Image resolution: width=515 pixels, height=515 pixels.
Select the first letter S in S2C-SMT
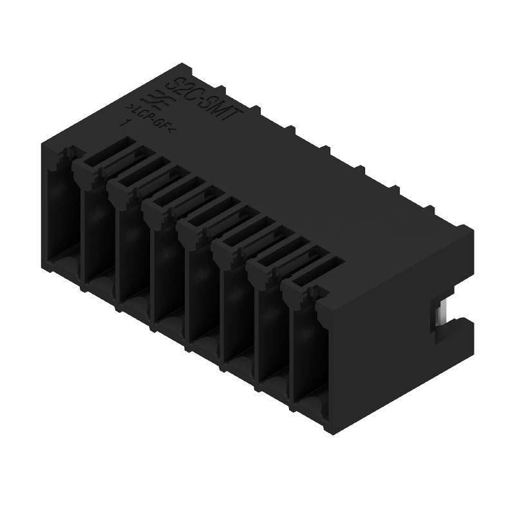tap(180, 82)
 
